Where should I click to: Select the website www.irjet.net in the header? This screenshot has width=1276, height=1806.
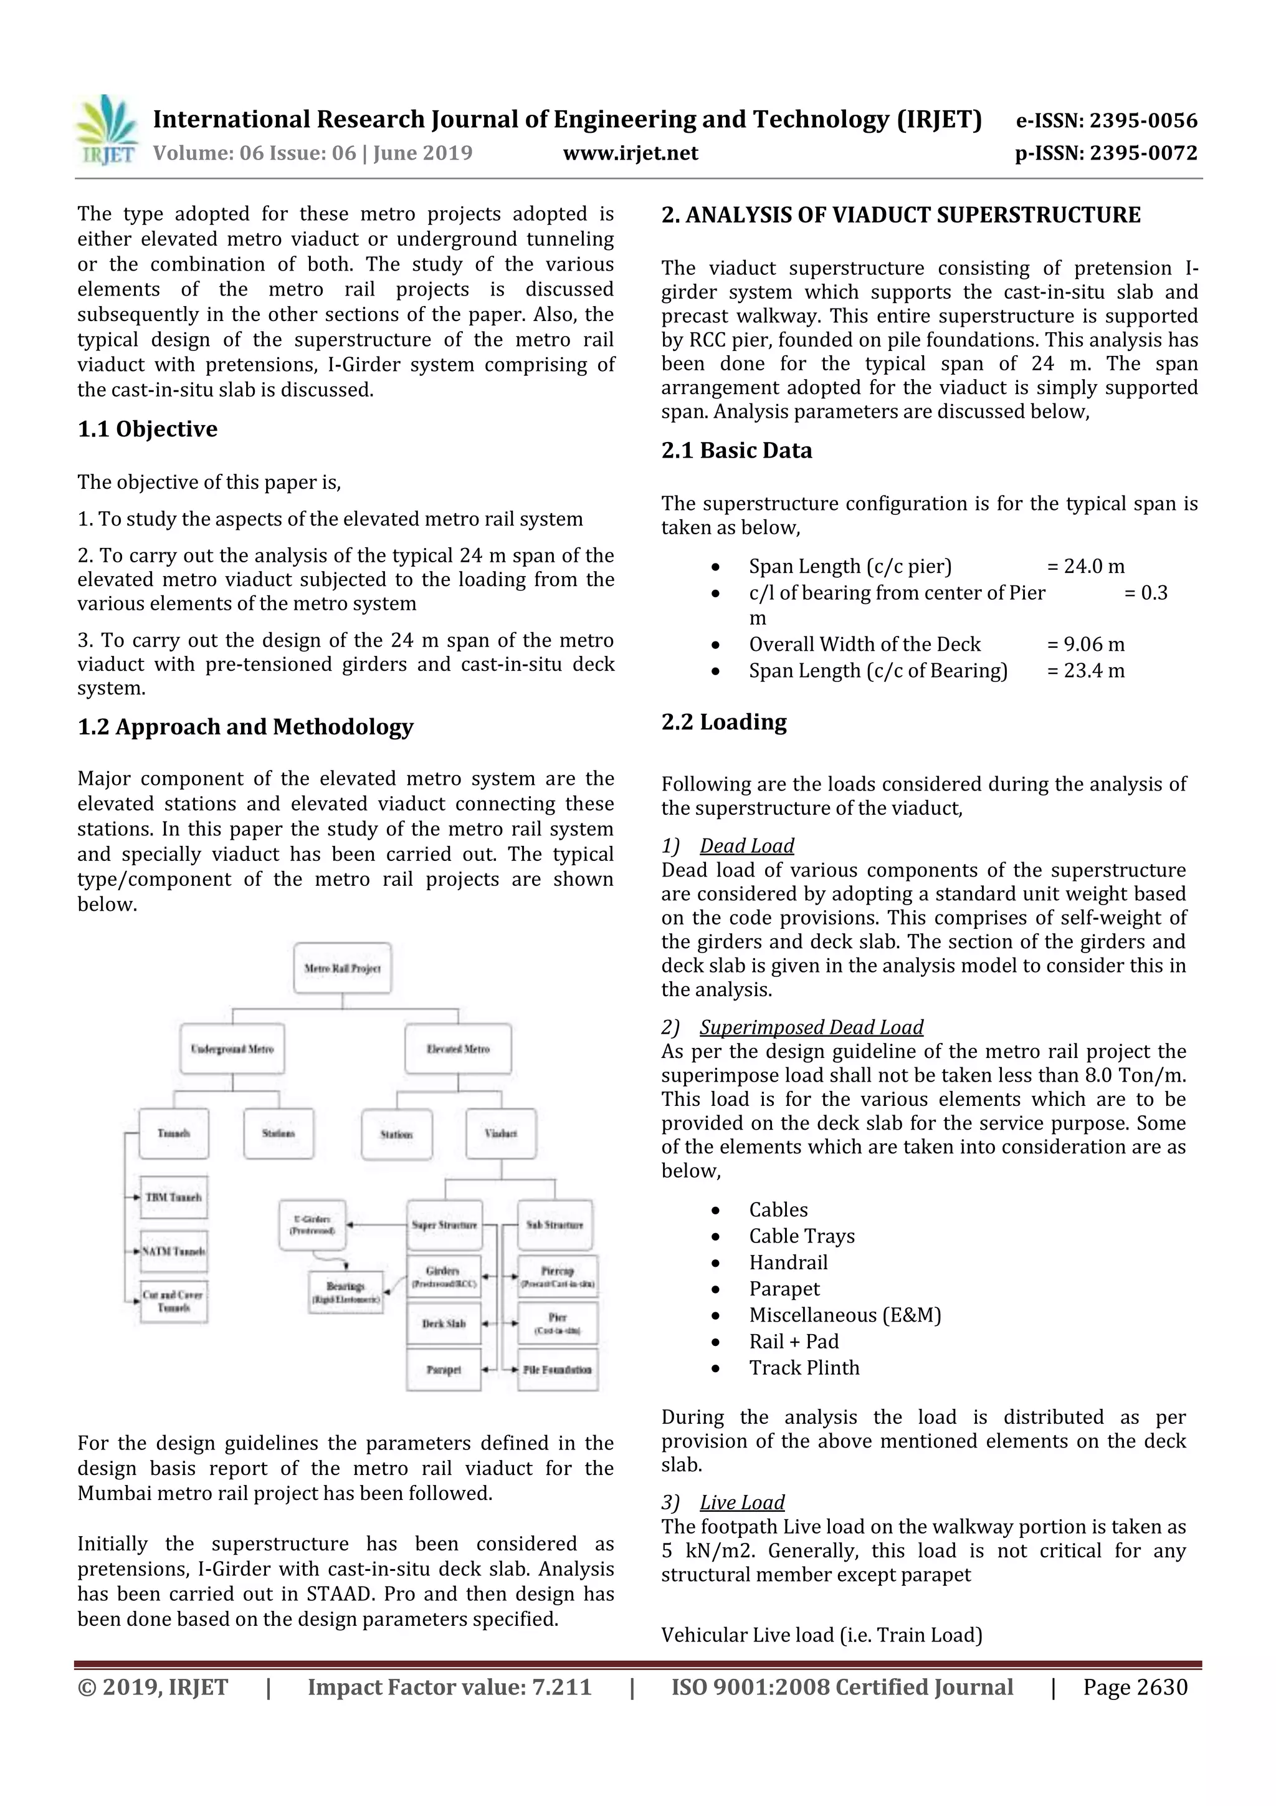[630, 153]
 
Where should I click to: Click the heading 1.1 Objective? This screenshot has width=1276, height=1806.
[147, 430]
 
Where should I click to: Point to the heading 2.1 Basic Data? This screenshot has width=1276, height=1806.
[736, 451]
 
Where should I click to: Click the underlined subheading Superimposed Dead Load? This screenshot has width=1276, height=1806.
[811, 1027]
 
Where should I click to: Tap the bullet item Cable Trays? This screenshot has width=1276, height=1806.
[801, 1236]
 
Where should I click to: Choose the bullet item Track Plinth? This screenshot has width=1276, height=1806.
[804, 1367]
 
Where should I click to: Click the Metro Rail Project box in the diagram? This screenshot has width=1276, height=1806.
[342, 968]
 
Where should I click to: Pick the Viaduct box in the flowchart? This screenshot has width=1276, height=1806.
[501, 1133]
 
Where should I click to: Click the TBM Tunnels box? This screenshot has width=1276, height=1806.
[174, 1197]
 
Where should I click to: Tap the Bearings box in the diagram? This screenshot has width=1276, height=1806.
[346, 1293]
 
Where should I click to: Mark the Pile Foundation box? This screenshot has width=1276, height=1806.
[558, 1370]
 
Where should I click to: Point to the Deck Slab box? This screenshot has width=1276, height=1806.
[444, 1324]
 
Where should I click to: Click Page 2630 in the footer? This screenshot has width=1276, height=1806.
[1135, 1687]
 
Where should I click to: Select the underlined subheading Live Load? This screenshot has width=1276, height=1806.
[741, 1502]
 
